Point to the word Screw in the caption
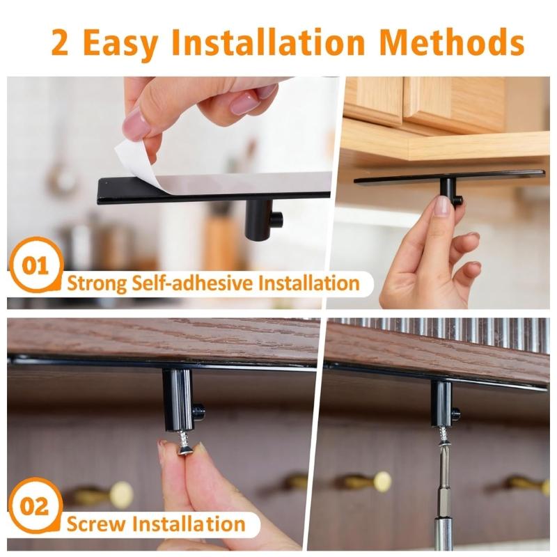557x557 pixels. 97,523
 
